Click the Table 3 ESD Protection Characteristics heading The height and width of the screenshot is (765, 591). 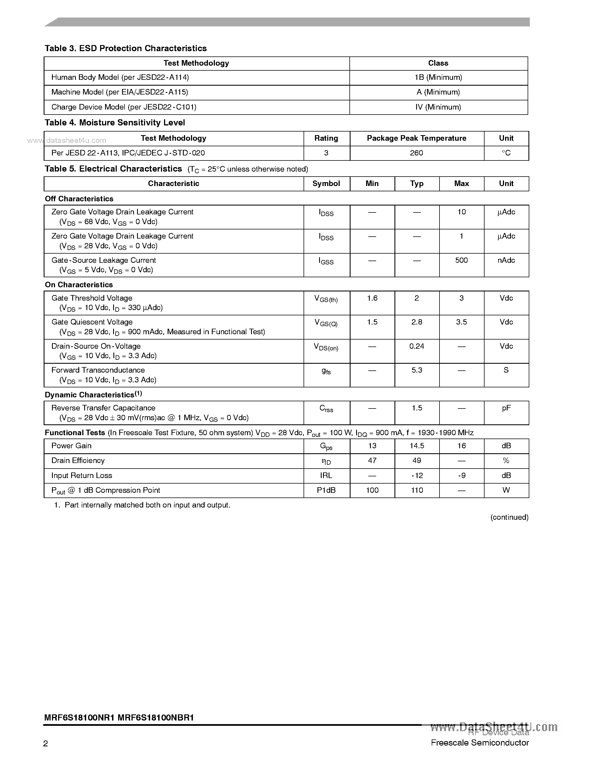tap(125, 48)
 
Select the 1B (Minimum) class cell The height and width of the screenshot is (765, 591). tap(438, 77)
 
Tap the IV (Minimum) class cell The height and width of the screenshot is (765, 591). tap(438, 107)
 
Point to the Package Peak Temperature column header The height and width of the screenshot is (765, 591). tap(416, 138)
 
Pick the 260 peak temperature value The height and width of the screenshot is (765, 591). tap(416, 153)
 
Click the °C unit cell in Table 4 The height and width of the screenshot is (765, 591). tap(506, 153)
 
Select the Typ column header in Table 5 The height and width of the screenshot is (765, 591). tap(417, 184)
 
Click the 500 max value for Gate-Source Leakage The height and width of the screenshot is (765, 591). tap(461, 260)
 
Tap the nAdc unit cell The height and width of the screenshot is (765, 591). tap(506, 260)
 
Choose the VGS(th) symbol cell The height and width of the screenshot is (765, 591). tap(326, 299)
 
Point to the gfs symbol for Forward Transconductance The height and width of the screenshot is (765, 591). tap(326, 371)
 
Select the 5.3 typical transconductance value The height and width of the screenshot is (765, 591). tap(417, 370)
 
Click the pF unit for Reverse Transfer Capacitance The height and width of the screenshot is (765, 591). tap(506, 408)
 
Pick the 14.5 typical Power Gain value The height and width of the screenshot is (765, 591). tap(417, 446)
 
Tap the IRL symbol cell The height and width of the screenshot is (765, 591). tap(326, 476)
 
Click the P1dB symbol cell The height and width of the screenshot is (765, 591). tap(326, 490)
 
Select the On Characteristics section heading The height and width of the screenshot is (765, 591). tap(79, 285)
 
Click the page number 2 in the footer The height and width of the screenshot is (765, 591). tap(46, 744)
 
